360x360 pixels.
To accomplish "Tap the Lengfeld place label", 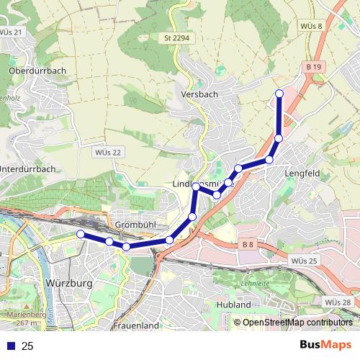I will (303, 173).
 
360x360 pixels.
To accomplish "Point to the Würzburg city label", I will (68, 284).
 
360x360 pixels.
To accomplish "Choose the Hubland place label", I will (233, 305).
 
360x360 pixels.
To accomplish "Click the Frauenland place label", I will (135, 325).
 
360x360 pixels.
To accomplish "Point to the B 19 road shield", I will (312, 66).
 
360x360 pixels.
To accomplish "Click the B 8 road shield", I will (248, 245).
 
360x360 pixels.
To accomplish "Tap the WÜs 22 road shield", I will (108, 152).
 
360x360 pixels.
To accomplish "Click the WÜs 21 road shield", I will (12, 32).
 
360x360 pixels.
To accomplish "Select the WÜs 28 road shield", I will (338, 302).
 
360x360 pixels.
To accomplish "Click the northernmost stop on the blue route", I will (279, 94).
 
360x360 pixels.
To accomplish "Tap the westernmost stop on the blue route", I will (81, 234).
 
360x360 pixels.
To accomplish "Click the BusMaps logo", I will (326, 346).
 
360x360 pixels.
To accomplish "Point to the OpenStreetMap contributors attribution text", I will (297, 323).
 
